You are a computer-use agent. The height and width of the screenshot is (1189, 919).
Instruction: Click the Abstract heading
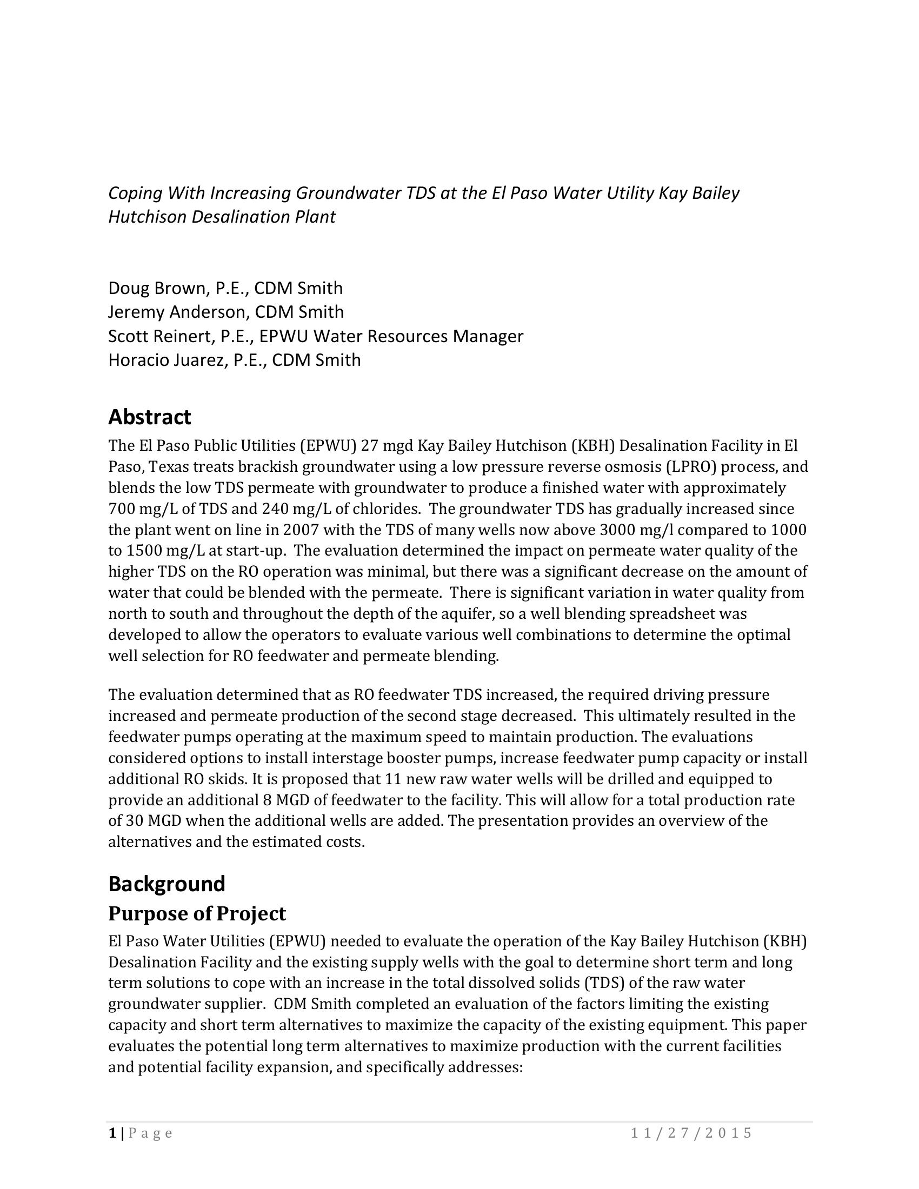click(x=149, y=417)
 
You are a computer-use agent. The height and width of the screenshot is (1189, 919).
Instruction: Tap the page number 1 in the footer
click(x=112, y=1133)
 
